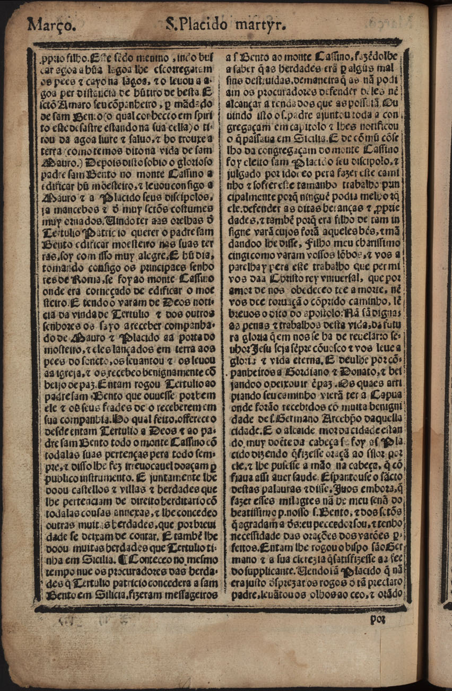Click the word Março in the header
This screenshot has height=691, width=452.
(x=47, y=24)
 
